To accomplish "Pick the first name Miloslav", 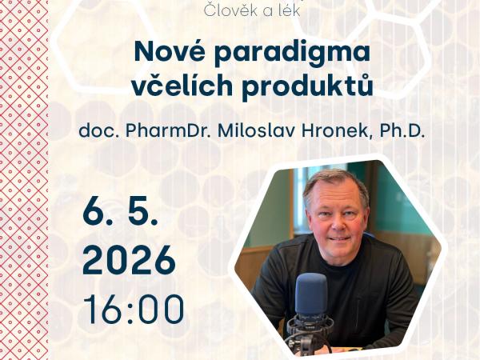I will (258, 131).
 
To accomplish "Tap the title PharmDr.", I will (166, 131).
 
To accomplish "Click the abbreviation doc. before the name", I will (96, 131).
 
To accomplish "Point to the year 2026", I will (129, 260).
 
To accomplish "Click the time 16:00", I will (134, 310).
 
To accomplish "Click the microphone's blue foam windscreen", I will (312, 293).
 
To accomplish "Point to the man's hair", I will (336, 179).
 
